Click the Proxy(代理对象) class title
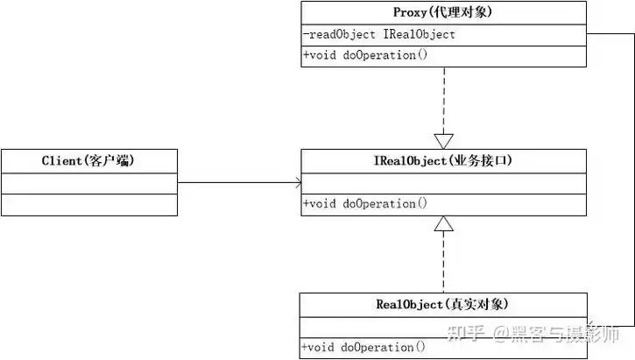[442, 12]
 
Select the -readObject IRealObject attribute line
[379, 34]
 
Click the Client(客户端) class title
[88, 160]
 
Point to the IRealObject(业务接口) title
[442, 160]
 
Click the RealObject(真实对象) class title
[442, 305]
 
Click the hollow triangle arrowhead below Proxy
[444, 140]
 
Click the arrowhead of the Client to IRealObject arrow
[298, 183]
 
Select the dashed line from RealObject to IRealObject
[444, 263]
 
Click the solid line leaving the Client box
[236, 183]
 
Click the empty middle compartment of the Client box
[88, 182]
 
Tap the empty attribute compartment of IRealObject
[442, 183]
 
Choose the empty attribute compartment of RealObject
[442, 327]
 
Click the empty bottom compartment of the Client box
[88, 204]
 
